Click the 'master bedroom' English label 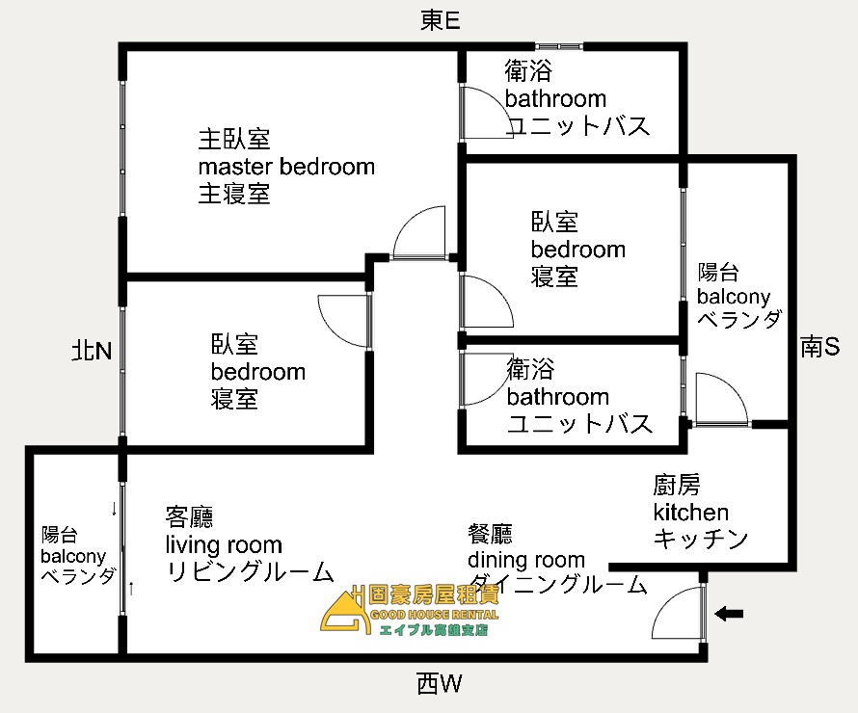(x=286, y=167)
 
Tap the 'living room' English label (x=223, y=545)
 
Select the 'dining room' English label (x=526, y=560)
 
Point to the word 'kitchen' (x=690, y=513)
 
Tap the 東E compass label (x=440, y=21)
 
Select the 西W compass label (x=440, y=685)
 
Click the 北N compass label (x=92, y=351)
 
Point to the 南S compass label (x=820, y=347)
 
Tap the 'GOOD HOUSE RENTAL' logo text (x=428, y=615)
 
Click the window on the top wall (x=559, y=45)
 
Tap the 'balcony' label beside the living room (x=72, y=556)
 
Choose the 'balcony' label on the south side (x=734, y=297)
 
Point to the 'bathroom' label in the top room (x=555, y=98)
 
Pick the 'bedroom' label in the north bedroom (x=258, y=372)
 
